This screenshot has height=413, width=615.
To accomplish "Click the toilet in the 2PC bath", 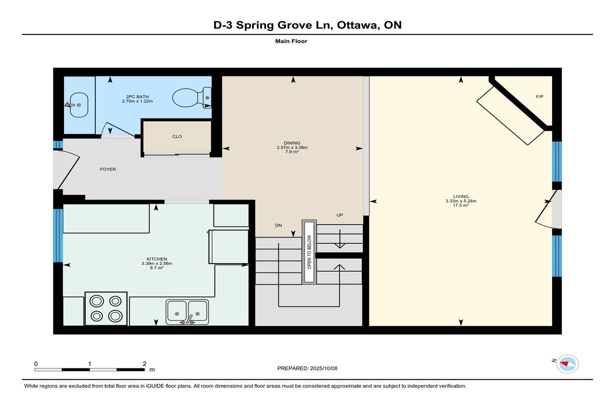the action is (192, 98).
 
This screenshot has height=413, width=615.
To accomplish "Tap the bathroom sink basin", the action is (78, 105).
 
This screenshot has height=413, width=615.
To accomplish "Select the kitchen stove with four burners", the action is (106, 308).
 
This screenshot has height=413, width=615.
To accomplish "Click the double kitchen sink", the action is (187, 312).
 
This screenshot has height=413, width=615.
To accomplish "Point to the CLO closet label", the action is (177, 136).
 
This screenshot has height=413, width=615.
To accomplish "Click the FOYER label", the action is (108, 169).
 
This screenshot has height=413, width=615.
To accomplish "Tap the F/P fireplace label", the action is (540, 97).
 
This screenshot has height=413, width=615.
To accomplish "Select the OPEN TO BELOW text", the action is (310, 252).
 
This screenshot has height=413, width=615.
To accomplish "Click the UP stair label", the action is (340, 215).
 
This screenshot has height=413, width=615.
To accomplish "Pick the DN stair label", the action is (278, 225).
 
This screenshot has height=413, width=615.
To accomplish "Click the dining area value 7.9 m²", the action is (292, 152).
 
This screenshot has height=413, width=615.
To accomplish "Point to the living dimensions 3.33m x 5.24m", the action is (461, 201).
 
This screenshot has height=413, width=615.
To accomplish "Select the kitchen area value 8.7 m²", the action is (157, 268).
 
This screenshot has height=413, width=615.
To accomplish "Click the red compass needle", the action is (564, 364).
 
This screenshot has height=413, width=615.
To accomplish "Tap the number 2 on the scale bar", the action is (145, 364).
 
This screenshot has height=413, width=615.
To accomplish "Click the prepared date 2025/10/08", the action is (324, 368).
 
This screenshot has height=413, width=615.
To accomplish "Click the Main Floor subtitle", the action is (291, 41).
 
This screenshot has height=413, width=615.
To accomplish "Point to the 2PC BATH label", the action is (137, 97).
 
